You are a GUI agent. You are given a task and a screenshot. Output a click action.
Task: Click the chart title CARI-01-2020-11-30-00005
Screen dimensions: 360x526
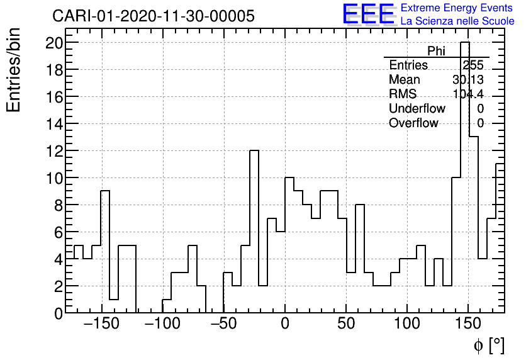(154, 16)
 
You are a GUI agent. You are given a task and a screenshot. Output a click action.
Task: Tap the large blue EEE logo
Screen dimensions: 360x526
(369, 14)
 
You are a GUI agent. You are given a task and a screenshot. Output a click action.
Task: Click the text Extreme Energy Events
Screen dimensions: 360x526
(457, 8)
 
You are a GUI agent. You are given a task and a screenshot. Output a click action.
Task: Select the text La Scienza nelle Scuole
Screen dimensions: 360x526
(457, 21)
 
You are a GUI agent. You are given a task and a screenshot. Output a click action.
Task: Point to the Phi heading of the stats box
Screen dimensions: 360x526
(436, 52)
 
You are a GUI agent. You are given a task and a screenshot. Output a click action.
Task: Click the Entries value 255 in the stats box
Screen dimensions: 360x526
(473, 65)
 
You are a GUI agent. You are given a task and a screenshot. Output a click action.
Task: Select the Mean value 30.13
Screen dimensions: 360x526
(467, 80)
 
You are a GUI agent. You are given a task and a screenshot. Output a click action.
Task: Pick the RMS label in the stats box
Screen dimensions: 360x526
(403, 94)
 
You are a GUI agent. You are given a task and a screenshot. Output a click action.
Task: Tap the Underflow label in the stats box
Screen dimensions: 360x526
(417, 109)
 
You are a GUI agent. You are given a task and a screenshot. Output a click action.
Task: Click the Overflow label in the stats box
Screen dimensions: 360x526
(413, 123)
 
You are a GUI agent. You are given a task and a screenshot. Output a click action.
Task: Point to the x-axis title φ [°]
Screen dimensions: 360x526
(488, 345)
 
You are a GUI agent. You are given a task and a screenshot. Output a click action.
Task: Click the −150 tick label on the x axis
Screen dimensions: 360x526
(101, 325)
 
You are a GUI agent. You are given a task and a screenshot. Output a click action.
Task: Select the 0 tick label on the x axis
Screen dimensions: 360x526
(285, 325)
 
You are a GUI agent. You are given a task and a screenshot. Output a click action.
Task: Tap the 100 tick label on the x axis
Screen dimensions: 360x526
(408, 325)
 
